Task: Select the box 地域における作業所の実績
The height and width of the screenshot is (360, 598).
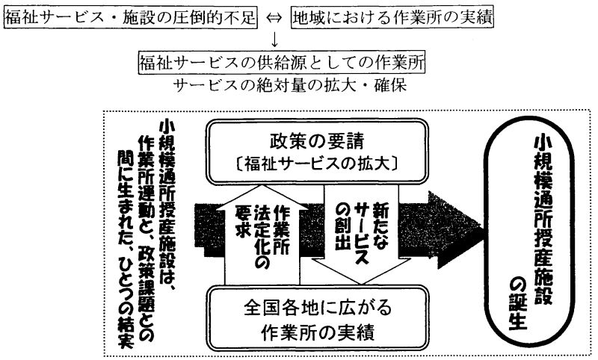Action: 393,16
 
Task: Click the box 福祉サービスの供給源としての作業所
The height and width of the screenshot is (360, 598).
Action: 282,65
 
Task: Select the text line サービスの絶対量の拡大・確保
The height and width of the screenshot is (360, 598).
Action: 282,86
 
